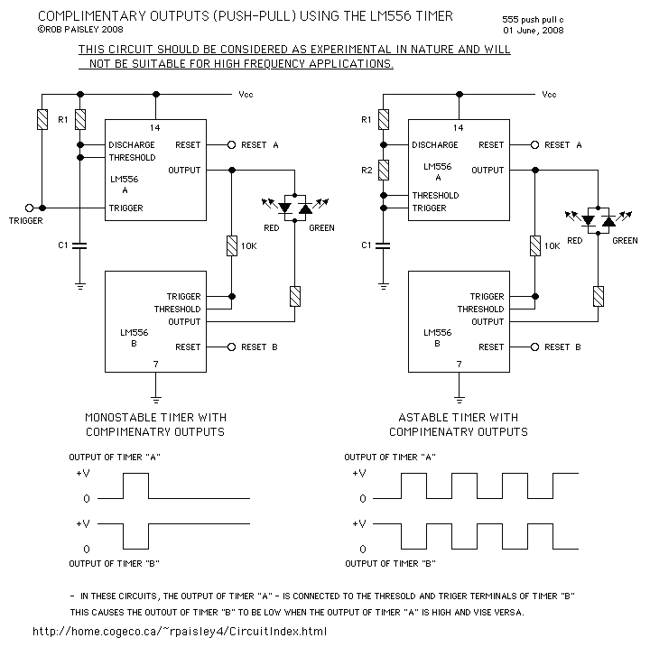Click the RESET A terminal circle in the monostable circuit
coord(232,144)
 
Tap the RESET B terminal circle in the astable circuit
coord(535,347)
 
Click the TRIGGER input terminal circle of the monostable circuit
coord(29,208)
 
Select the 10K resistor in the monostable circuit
coord(232,245)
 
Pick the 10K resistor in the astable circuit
coord(535,245)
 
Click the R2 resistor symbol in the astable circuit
coord(384,170)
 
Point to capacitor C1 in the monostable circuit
coord(80,245)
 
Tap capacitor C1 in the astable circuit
coord(384,245)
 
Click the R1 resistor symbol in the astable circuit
coord(384,119)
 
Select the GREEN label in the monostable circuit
coord(321,228)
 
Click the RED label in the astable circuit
coord(574,240)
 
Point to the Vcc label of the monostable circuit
coord(246,95)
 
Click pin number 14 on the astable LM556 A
coord(458,127)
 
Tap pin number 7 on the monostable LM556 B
coord(156,364)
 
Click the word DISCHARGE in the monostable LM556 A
coord(132,144)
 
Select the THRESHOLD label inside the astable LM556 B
coord(480,309)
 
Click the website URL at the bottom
coord(180,632)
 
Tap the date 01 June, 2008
coord(534,31)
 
